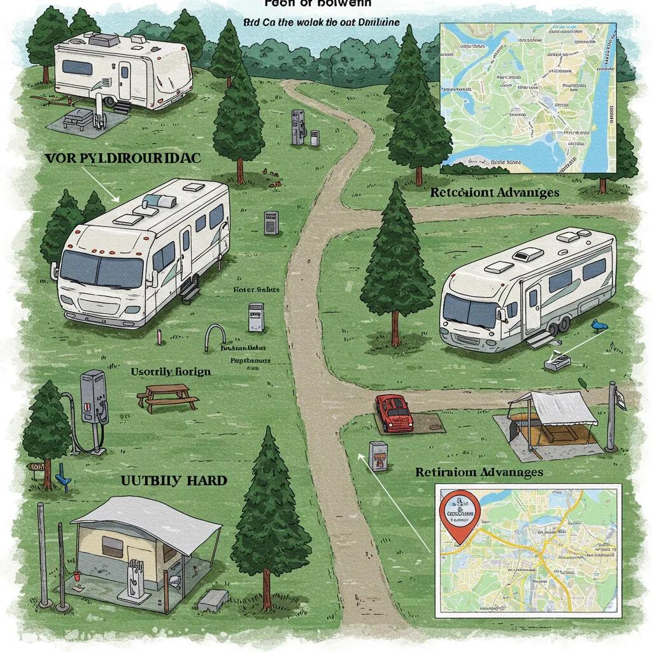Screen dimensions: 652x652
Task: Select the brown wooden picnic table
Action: tap(167, 397)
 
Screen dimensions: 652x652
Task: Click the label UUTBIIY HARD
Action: tap(173, 480)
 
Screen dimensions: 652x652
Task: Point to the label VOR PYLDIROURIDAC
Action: tap(123, 159)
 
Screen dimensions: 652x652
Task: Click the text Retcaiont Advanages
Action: tap(495, 192)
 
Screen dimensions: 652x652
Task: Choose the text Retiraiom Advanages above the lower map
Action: tap(479, 472)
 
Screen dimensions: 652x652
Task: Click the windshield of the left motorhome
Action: tap(102, 268)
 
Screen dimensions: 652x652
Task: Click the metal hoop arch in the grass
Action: tap(215, 337)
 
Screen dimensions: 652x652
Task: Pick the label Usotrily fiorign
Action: tap(170, 371)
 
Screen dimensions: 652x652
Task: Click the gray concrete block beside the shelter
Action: tap(213, 599)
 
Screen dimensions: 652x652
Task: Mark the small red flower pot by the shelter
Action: tap(76, 577)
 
